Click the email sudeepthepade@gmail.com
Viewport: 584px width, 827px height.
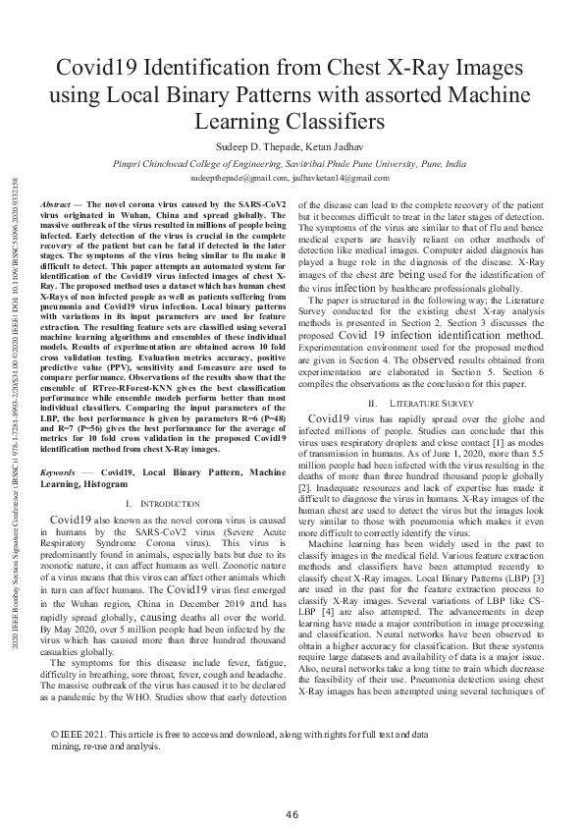(239, 180)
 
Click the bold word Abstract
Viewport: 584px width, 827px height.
(56, 202)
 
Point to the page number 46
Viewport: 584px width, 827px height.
(292, 787)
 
